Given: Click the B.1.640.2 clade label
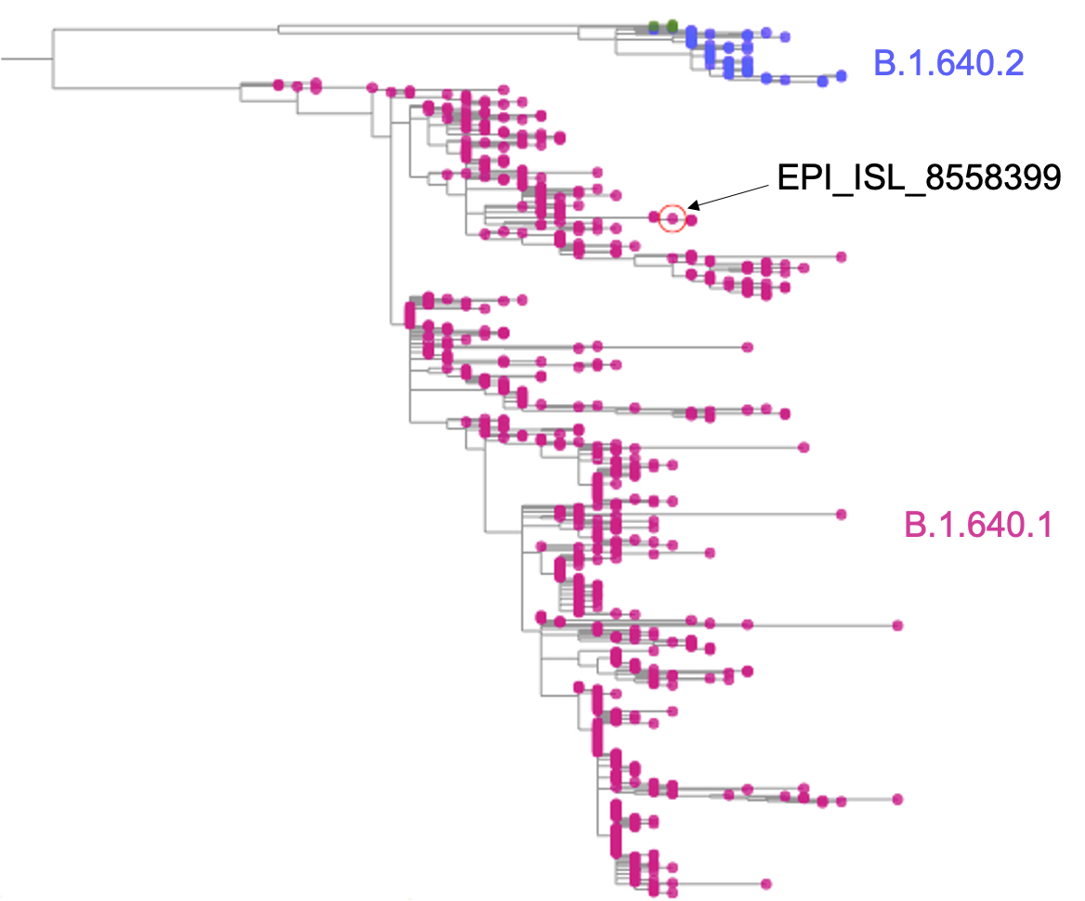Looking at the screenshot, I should click(948, 63).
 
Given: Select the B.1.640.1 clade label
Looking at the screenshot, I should click(978, 526).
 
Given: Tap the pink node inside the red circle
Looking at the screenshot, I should click(673, 218).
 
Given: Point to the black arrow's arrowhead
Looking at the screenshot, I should click(693, 207).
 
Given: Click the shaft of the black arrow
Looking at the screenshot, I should click(734, 194).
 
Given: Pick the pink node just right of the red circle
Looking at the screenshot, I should click(692, 220).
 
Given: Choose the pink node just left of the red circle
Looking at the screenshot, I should click(654, 217).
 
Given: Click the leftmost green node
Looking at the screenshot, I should click(654, 26).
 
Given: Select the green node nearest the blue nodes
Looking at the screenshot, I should click(672, 26).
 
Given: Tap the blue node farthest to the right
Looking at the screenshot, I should click(842, 75).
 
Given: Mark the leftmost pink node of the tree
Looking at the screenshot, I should click(278, 85).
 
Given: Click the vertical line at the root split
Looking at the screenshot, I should click(53, 59).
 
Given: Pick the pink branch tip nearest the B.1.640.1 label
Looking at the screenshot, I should click(842, 515).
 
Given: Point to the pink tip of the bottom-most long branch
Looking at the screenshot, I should click(766, 884).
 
